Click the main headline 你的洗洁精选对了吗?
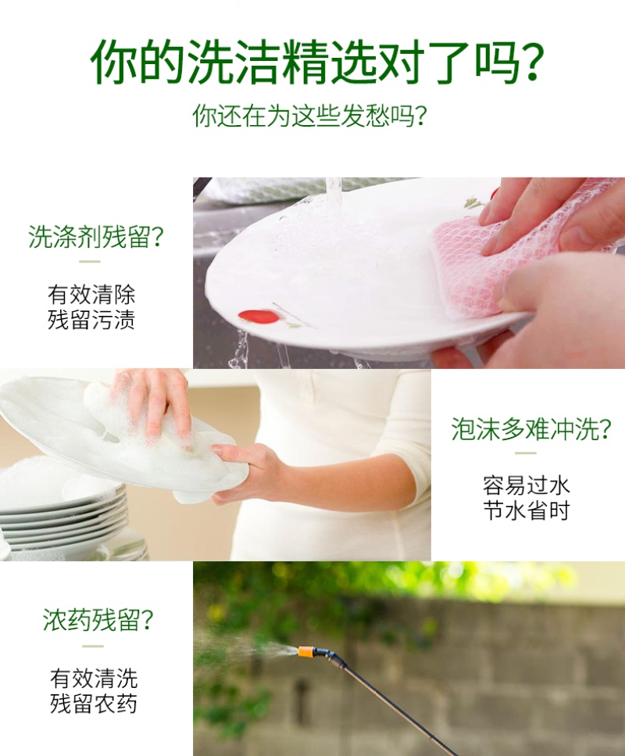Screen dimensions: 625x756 (x=316, y=62)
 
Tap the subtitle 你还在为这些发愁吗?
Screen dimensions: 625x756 (x=310, y=116)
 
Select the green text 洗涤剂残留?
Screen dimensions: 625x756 (x=96, y=236)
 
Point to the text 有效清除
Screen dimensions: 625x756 (x=91, y=294)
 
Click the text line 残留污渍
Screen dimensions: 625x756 (x=91, y=320)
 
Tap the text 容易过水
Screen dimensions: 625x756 (x=527, y=485)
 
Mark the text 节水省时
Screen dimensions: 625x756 (x=527, y=511)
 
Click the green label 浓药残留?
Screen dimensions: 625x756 (x=98, y=620)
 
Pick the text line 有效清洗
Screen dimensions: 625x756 (x=94, y=679)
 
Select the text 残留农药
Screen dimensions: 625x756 (x=94, y=704)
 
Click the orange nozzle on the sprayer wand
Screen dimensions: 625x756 (x=306, y=652)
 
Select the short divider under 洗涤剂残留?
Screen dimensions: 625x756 (x=90, y=262)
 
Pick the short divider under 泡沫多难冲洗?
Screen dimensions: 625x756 (x=525, y=453)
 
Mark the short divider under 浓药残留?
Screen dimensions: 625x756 (x=92, y=646)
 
